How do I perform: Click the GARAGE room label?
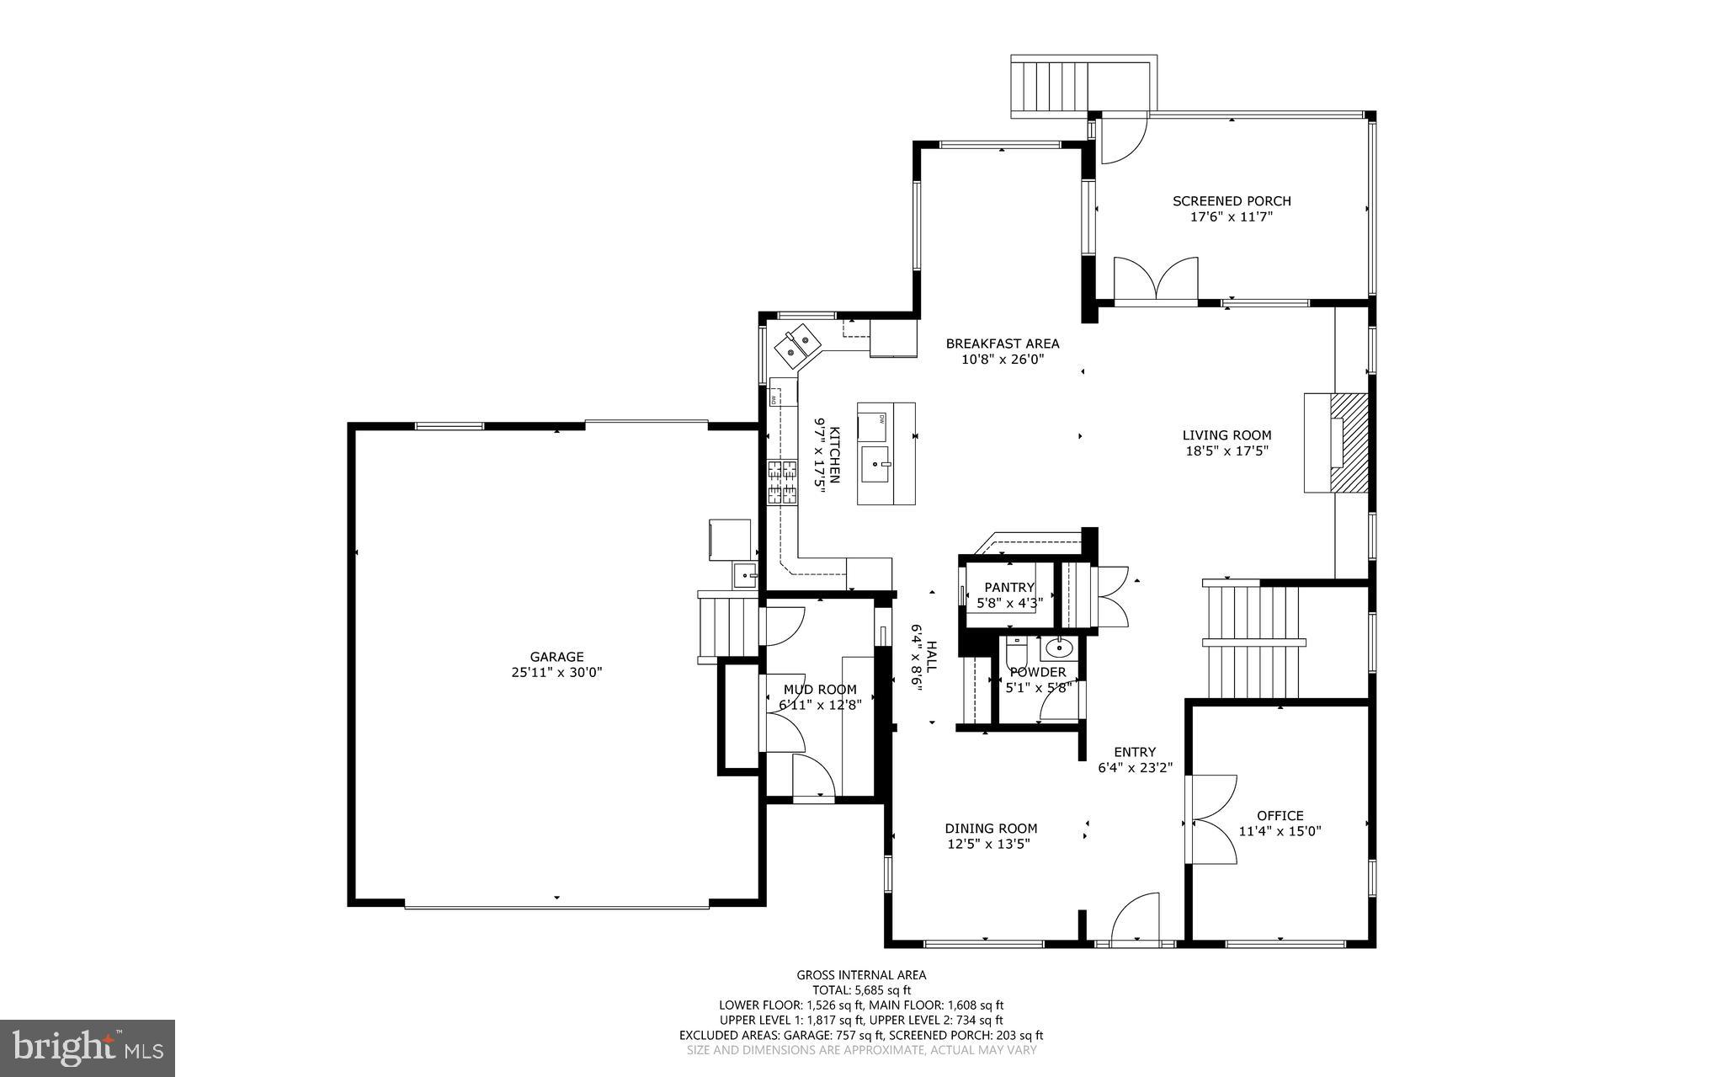click(556, 657)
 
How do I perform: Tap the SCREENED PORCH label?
click(1232, 201)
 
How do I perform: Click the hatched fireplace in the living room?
click(1349, 442)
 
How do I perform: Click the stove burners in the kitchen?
click(782, 483)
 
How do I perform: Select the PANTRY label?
click(1009, 587)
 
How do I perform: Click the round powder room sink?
click(1056, 648)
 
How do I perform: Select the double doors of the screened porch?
click(1156, 278)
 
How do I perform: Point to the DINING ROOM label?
click(991, 829)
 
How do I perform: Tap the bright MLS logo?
click(88, 1047)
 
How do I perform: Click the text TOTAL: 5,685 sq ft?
click(861, 990)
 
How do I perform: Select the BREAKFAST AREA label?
click(1002, 344)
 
